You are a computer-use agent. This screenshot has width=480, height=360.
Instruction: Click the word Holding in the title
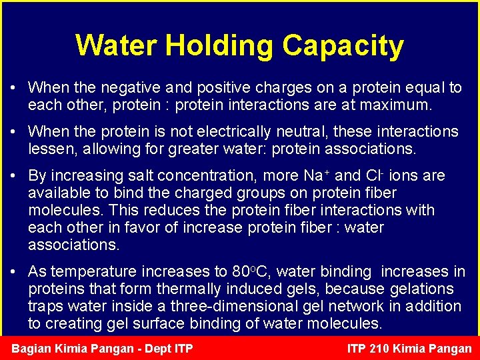(220, 45)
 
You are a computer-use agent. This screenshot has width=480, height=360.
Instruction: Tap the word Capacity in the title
(343, 45)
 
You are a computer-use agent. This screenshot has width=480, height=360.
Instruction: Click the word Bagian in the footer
(33, 349)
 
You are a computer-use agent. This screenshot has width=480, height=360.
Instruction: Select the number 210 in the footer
(380, 349)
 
